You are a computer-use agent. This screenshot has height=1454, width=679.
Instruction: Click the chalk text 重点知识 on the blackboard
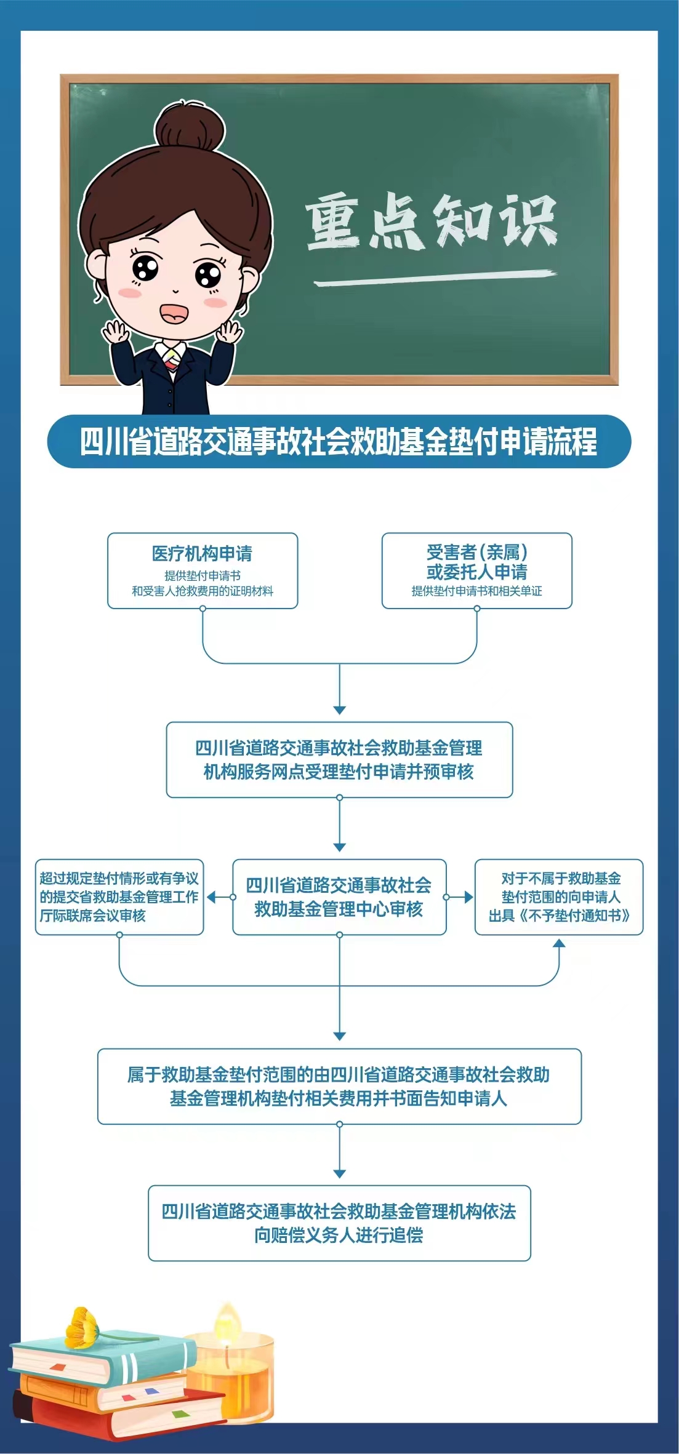tap(431, 220)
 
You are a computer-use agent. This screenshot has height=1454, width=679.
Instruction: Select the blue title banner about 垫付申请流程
tap(339, 441)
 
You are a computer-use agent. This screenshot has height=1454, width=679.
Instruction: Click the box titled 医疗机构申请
tap(203, 570)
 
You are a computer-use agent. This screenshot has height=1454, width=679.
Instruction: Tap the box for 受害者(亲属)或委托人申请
tap(476, 570)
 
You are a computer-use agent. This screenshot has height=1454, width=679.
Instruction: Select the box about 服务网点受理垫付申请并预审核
tap(339, 759)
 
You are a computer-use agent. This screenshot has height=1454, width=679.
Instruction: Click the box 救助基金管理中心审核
tap(339, 897)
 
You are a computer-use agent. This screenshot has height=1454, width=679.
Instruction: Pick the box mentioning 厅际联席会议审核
tap(119, 897)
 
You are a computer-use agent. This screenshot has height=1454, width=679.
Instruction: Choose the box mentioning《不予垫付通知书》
tap(558, 897)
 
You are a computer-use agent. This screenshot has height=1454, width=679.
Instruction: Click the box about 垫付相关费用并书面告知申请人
tap(339, 1086)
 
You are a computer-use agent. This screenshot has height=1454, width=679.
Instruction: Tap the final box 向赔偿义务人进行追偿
tap(339, 1223)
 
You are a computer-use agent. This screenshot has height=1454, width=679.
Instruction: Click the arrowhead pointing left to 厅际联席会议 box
tap(211, 897)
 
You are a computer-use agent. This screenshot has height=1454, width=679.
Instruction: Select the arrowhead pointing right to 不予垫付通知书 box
tap(468, 897)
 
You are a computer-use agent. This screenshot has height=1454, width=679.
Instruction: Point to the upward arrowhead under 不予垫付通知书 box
tap(558, 943)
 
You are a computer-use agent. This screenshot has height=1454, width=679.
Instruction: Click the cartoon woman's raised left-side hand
tap(116, 333)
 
